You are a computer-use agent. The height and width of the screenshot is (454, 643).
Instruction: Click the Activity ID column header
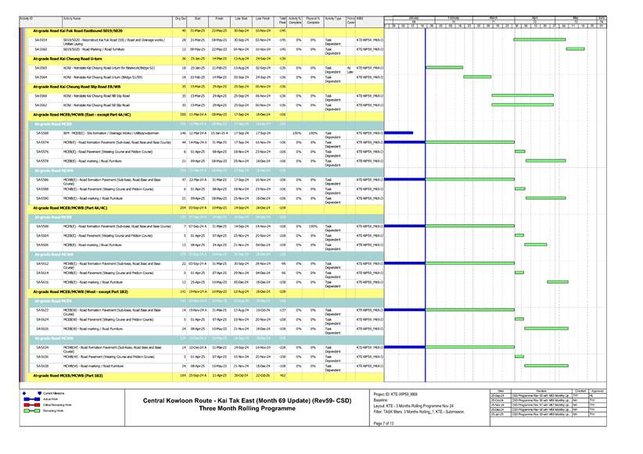(x=26, y=17)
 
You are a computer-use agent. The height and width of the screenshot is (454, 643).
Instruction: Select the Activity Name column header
(x=72, y=17)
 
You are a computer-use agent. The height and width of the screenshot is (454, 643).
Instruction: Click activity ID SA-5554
(x=41, y=39)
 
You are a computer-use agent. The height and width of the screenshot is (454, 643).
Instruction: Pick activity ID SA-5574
(x=41, y=143)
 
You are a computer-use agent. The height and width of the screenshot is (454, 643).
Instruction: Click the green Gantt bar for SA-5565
(x=445, y=68)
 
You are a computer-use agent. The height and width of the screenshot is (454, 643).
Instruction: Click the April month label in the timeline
(x=535, y=17)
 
